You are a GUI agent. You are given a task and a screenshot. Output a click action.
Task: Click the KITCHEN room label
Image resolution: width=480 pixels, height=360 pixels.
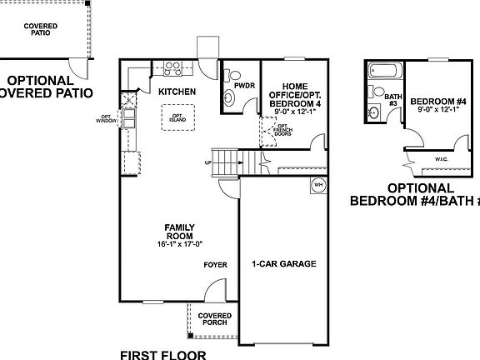click(x=177, y=91)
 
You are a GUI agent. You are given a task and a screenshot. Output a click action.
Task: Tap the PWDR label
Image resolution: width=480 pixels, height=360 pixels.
click(x=244, y=86)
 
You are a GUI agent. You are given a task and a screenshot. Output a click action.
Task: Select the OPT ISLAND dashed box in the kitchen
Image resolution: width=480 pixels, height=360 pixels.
click(x=177, y=117)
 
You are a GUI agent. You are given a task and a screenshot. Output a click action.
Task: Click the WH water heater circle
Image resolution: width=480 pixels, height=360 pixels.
click(x=317, y=185)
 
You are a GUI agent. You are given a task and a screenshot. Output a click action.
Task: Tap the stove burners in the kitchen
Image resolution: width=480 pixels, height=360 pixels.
click(x=173, y=67)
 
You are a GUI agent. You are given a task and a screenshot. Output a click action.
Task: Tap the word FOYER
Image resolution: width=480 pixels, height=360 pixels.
click(x=216, y=265)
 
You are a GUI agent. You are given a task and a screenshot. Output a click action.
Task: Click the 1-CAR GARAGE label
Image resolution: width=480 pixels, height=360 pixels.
click(x=284, y=264)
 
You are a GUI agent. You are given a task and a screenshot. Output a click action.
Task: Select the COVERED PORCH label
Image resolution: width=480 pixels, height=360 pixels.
click(x=215, y=319)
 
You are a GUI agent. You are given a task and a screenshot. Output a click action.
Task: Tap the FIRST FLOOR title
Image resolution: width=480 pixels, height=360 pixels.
click(x=163, y=353)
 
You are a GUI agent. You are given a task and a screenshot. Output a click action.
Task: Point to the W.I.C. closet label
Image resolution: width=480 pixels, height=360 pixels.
click(x=442, y=158)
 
